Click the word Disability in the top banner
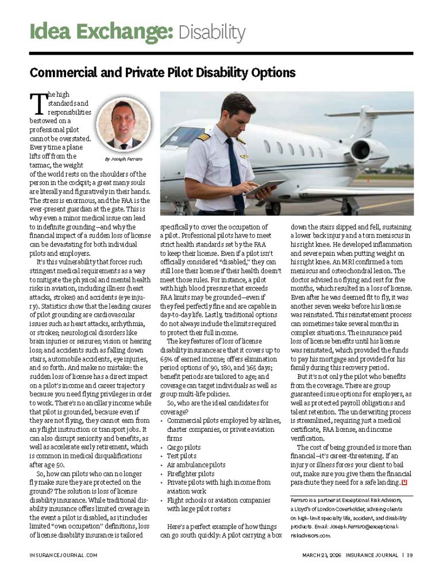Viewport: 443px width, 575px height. click(211, 32)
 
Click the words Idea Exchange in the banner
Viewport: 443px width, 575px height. click(101, 32)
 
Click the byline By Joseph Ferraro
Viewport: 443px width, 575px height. click(123, 159)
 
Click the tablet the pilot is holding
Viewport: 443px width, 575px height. click(263, 187)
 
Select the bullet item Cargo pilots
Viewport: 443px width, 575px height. click(184, 446)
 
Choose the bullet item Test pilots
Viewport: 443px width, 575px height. click(182, 455)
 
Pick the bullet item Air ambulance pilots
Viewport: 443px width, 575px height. click(196, 465)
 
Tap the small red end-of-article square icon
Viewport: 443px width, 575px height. click(404, 481)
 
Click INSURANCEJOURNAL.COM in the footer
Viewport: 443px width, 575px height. click(63, 555)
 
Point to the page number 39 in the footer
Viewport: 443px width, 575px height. click(409, 555)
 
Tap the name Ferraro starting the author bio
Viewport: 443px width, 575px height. click(301, 501)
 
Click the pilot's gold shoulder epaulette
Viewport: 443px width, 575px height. click(204, 136)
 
